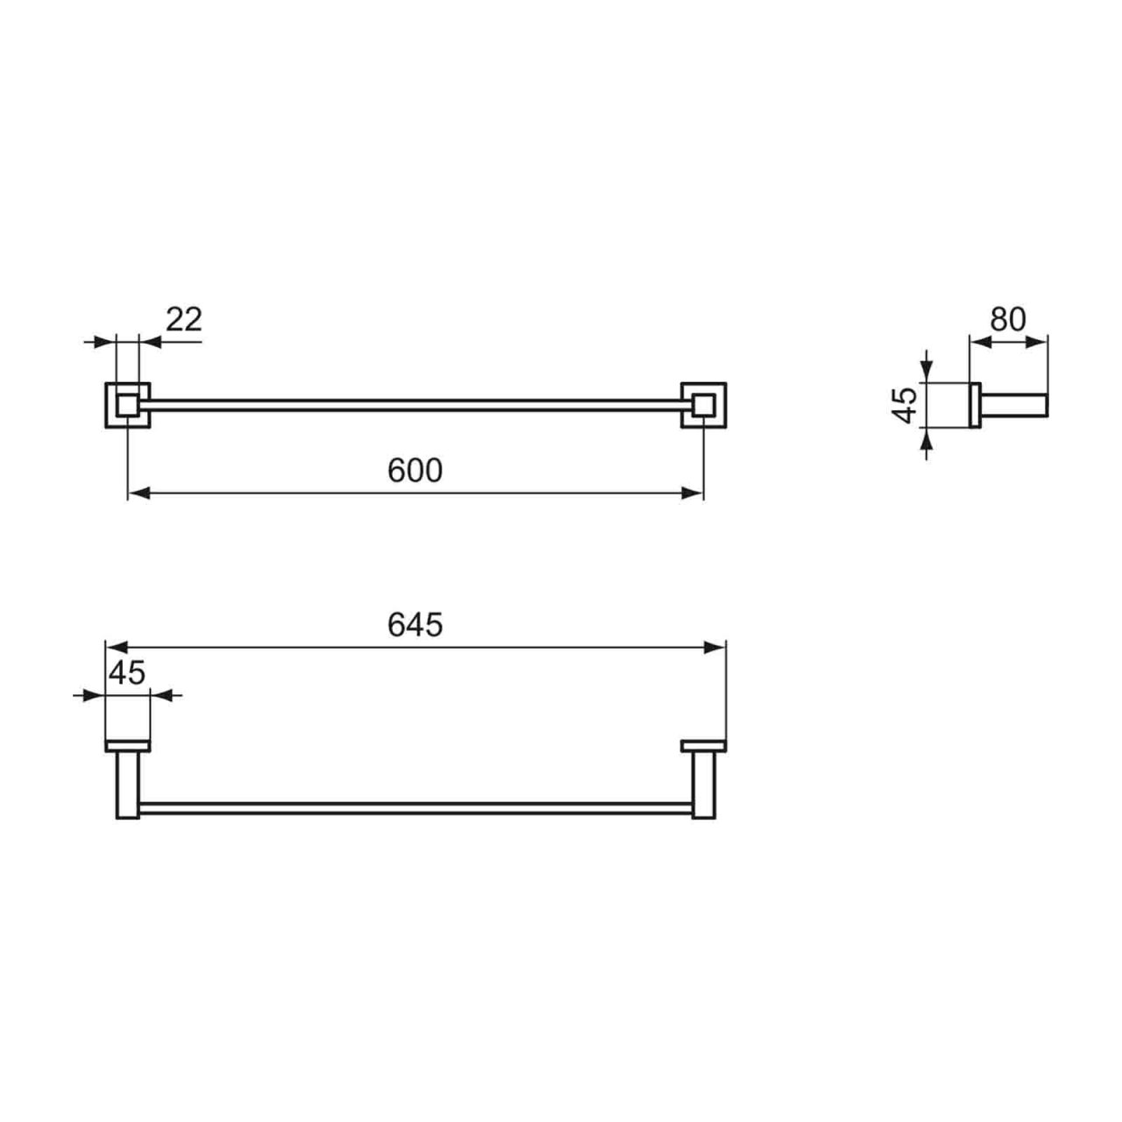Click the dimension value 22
[184, 319]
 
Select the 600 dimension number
[415, 471]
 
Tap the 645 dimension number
[415, 625]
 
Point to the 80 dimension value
[1008, 319]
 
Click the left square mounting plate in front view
[127, 405]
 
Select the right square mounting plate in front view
[703, 405]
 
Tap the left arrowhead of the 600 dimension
[138, 494]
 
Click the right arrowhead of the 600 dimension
[692, 494]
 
